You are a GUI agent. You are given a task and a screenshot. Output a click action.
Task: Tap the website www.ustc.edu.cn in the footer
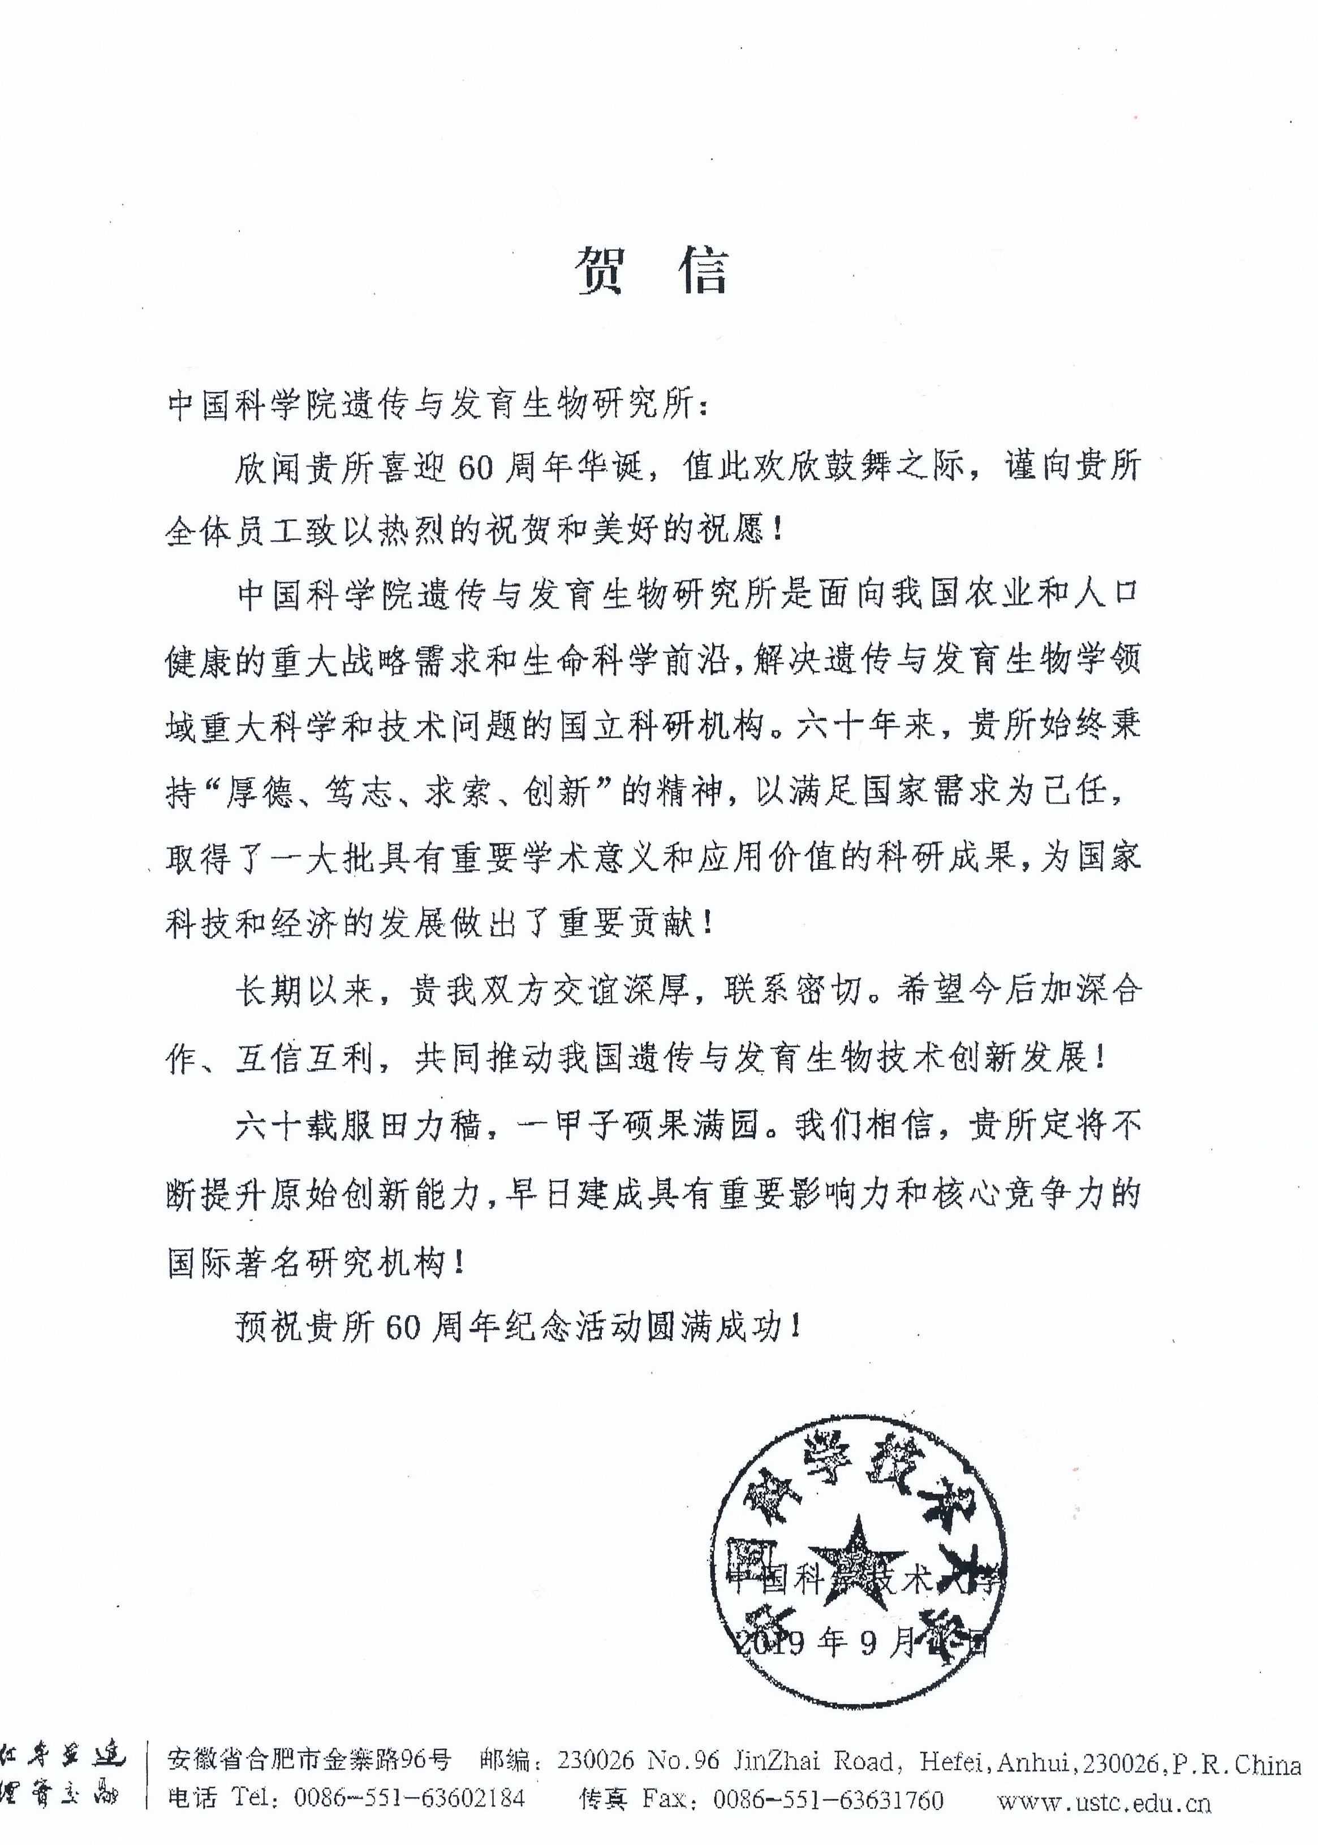click(1104, 1803)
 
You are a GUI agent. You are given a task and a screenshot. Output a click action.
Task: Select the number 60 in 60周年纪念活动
click(403, 1328)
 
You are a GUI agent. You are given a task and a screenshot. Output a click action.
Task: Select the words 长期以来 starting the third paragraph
click(304, 991)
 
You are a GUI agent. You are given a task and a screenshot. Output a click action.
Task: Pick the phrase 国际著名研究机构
click(305, 1261)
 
